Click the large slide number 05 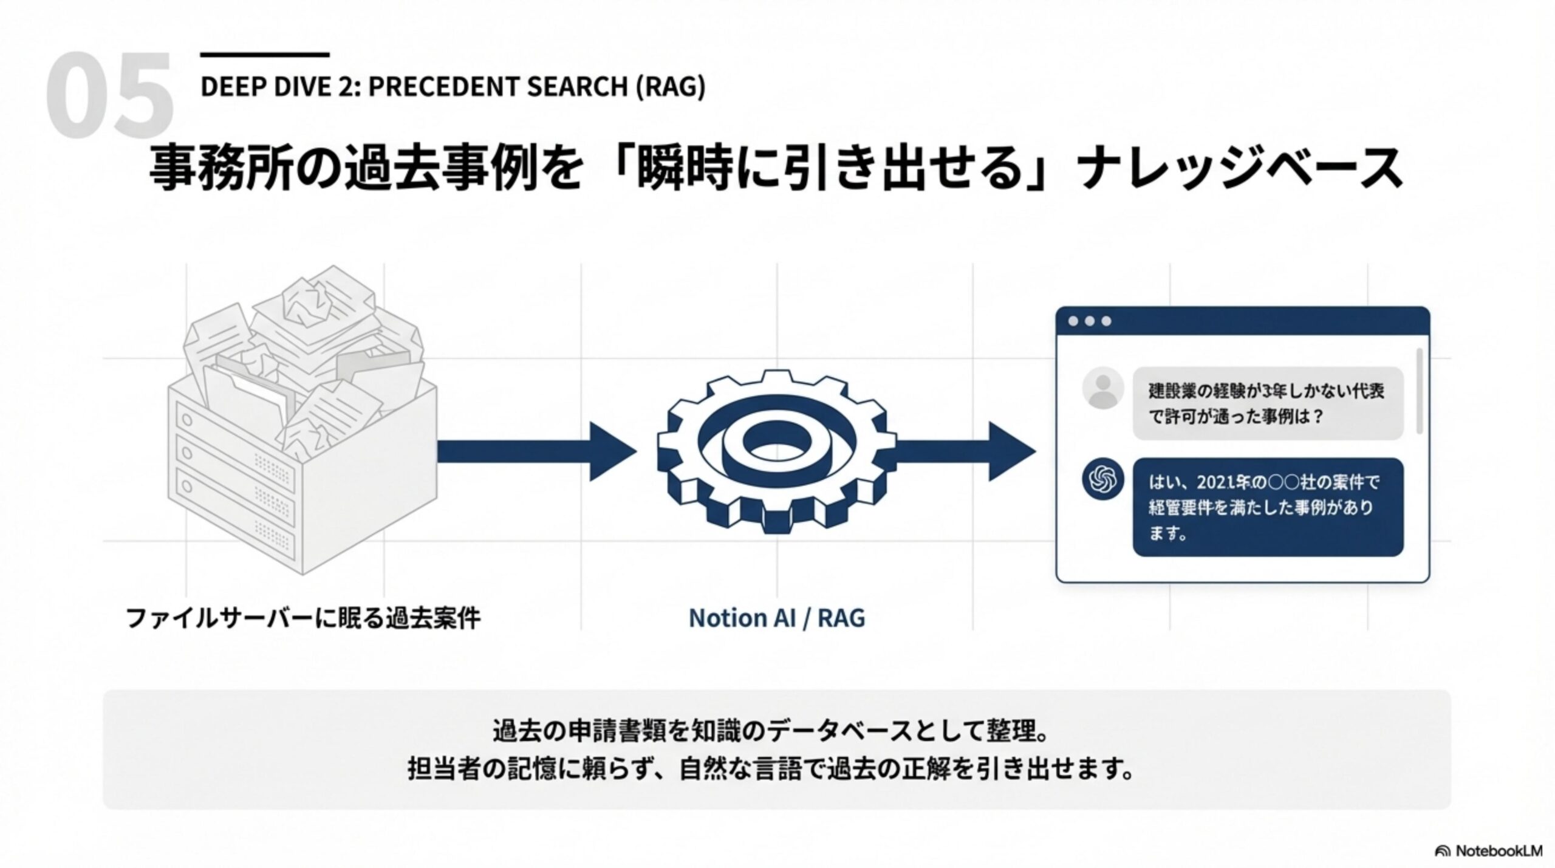click(109, 96)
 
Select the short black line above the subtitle click(264, 55)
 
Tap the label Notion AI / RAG click(776, 618)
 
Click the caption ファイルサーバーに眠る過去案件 click(303, 618)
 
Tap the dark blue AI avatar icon click(1102, 479)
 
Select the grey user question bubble click(1267, 403)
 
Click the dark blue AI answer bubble click(1267, 507)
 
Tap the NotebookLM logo click(1488, 850)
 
